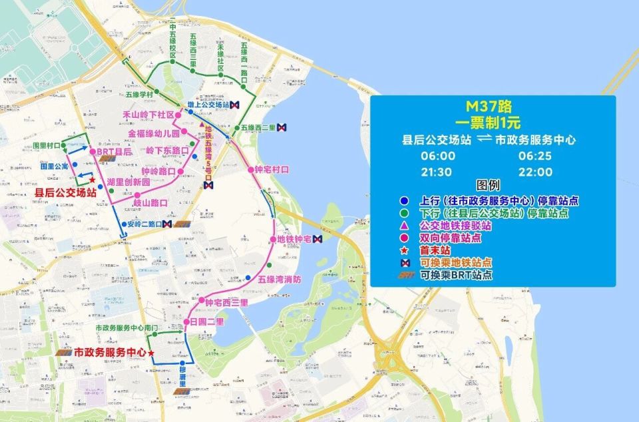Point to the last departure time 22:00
[x=536, y=172]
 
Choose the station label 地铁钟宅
[x=294, y=239]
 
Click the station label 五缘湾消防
[x=280, y=279]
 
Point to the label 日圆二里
[x=207, y=322]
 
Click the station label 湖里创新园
[x=128, y=182]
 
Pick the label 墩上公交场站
[x=208, y=105]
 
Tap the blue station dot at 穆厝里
[x=191, y=363]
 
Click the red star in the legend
[x=404, y=250]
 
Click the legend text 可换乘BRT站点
[x=456, y=274]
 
